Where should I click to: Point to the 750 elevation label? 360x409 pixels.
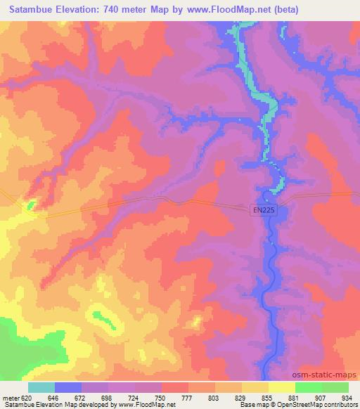(161, 398)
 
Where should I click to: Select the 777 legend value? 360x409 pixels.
(188, 398)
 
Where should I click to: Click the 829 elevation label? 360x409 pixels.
(241, 398)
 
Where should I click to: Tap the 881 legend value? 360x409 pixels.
(295, 398)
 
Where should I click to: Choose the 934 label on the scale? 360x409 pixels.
(347, 398)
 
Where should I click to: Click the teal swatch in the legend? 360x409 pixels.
(41, 387)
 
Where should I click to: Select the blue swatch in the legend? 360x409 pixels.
(68, 387)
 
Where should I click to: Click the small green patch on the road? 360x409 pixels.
(30, 206)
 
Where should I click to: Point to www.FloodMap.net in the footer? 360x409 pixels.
(149, 405)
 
